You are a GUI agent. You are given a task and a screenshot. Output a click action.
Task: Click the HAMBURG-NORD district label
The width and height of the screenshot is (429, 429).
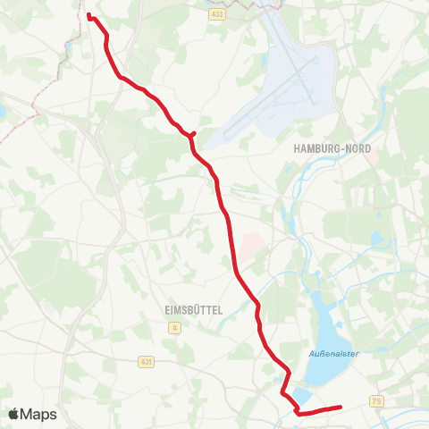[x=332, y=147]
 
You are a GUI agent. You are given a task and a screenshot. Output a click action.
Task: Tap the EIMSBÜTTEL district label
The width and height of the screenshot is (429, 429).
[x=193, y=310]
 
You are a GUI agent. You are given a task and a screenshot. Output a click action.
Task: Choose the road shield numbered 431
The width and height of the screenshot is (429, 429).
[x=147, y=361]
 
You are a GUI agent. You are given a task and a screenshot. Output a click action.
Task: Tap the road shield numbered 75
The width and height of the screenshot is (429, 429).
[x=379, y=402]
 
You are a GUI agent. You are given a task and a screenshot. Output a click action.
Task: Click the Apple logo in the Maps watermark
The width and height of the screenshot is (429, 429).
[x=15, y=414]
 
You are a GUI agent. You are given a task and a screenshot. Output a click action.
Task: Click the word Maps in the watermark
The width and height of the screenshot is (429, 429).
[x=38, y=414]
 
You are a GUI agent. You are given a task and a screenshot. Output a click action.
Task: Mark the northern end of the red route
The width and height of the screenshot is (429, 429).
[x=88, y=14]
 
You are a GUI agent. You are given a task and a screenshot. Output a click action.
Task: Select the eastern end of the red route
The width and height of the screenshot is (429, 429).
[x=341, y=408]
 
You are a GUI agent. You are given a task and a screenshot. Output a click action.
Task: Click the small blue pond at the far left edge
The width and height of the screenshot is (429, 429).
[x=3, y=113]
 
